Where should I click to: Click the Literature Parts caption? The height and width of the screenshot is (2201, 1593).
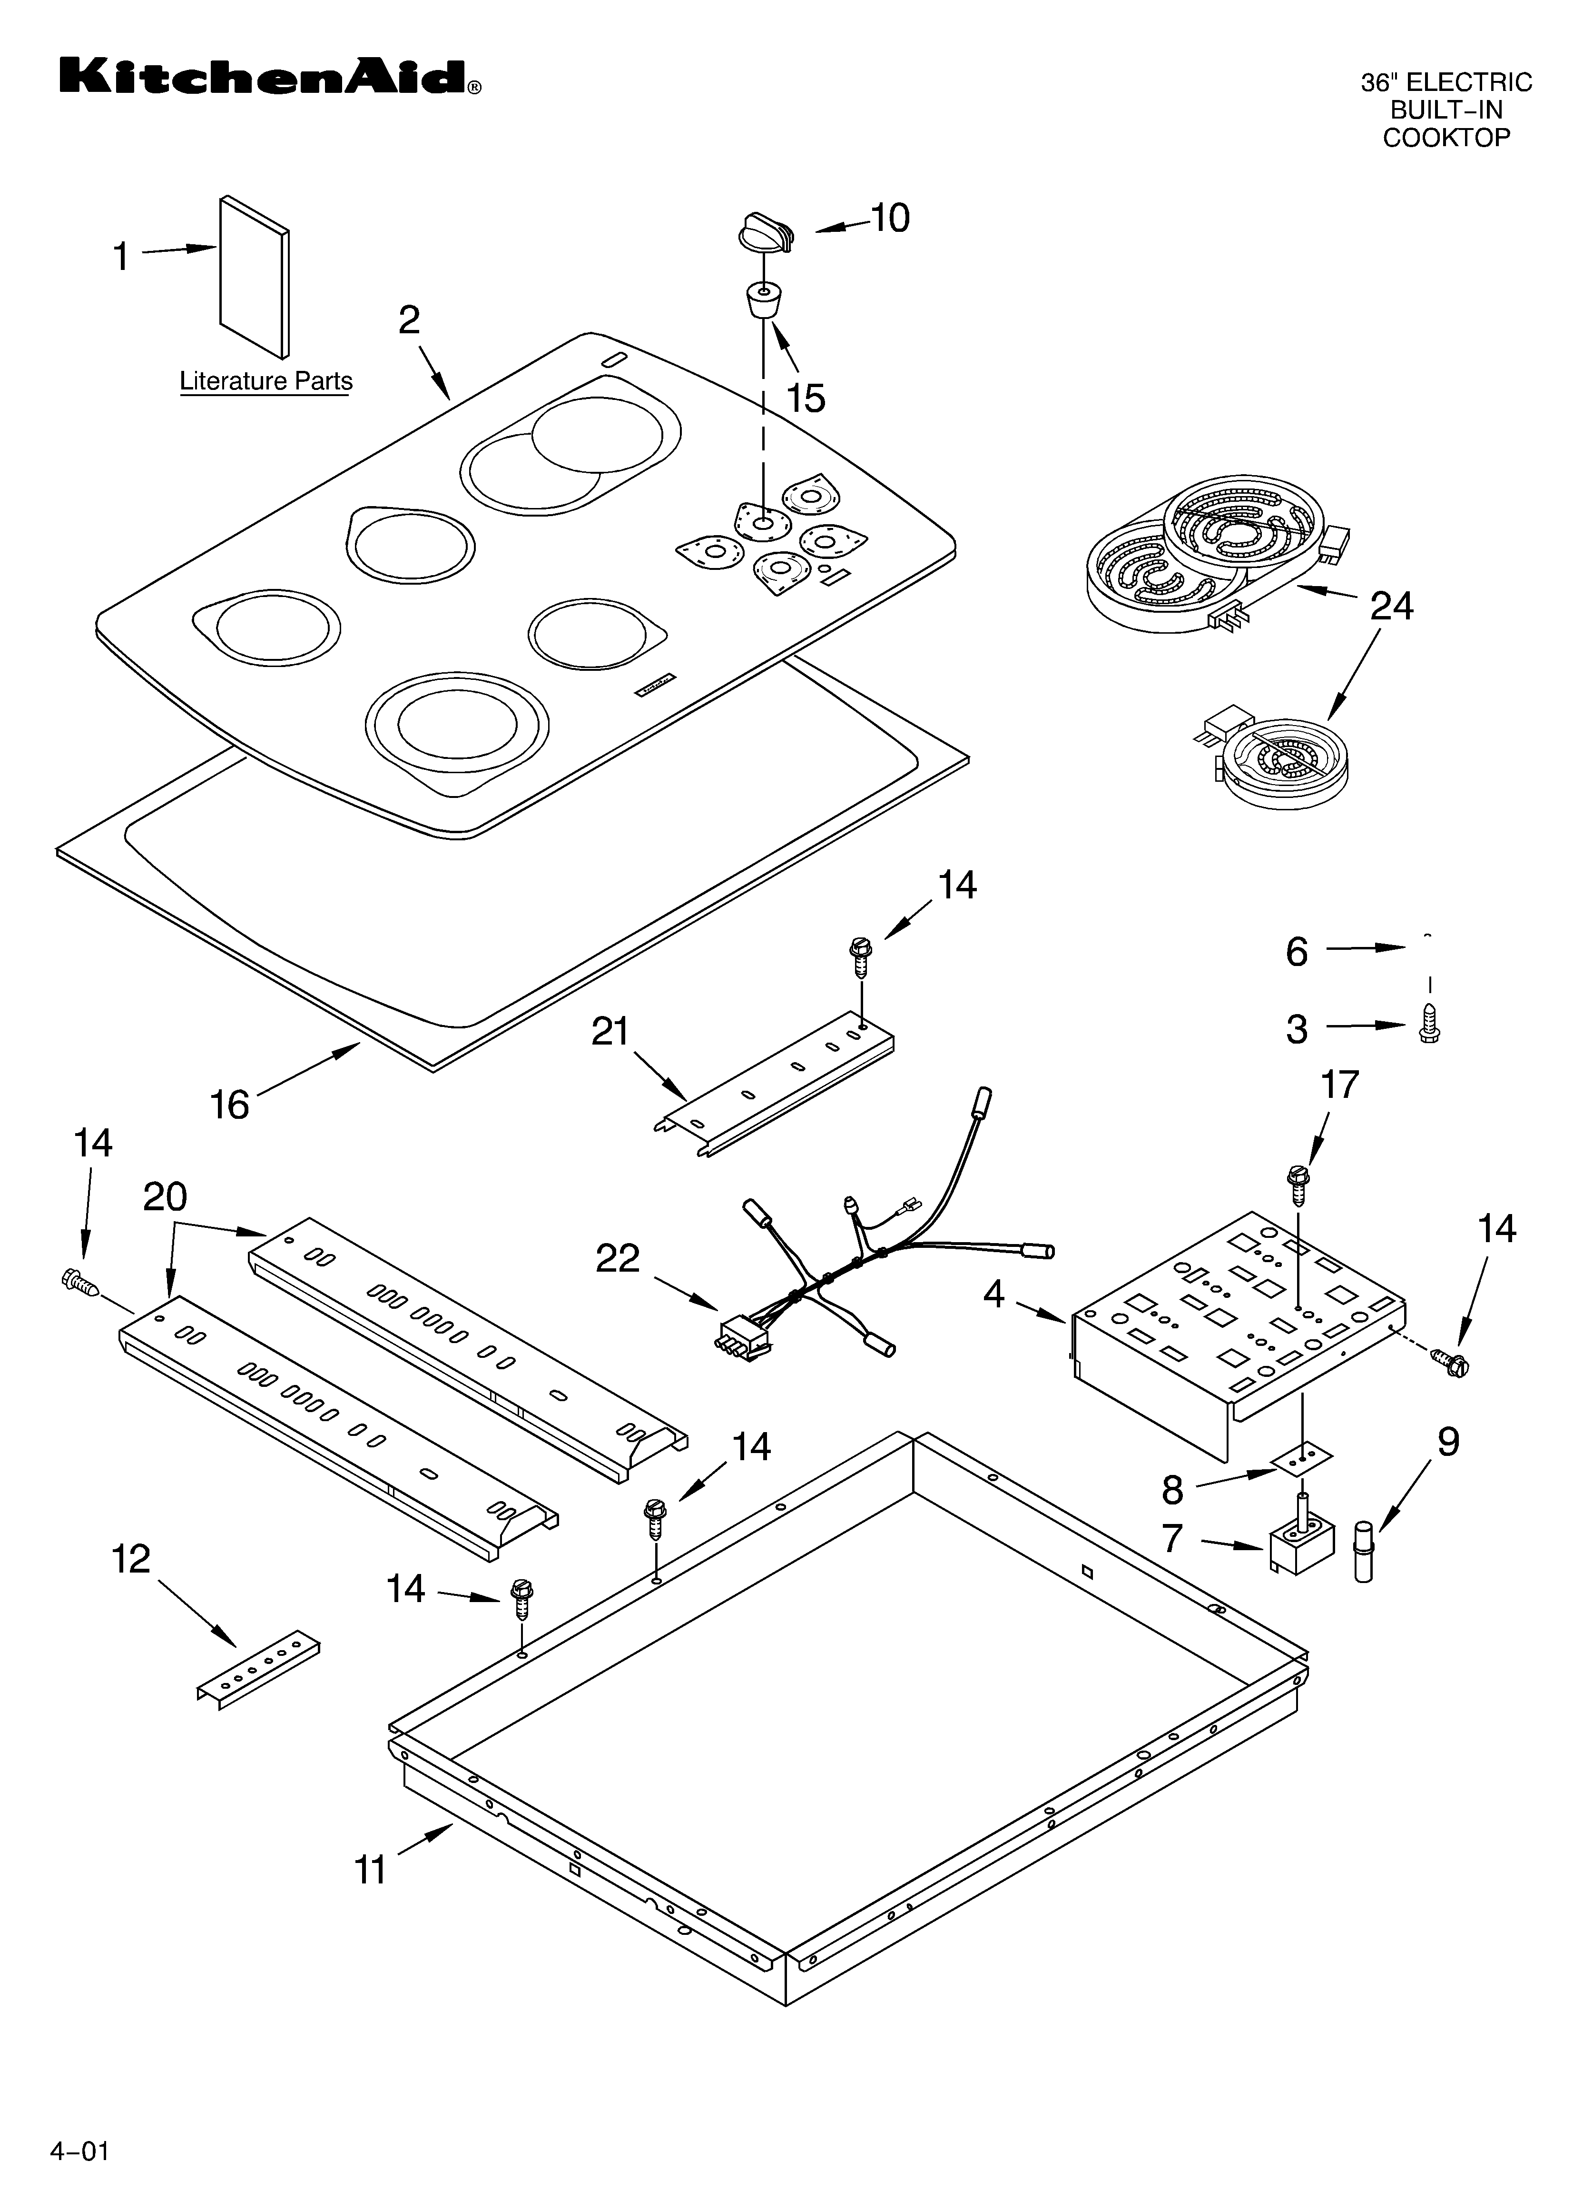tap(266, 381)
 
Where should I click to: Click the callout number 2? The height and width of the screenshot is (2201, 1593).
tap(409, 319)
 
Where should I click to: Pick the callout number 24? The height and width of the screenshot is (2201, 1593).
tap(1391, 607)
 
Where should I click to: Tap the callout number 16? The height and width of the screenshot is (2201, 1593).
tap(230, 1105)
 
